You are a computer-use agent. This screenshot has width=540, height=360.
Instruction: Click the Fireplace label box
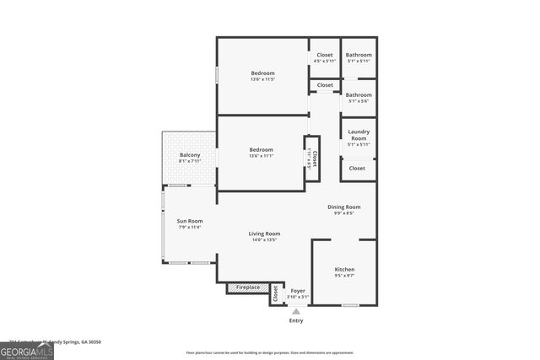[247, 288]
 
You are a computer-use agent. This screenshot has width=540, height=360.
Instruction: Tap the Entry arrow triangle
[295, 311]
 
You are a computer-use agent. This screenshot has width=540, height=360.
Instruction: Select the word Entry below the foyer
[295, 320]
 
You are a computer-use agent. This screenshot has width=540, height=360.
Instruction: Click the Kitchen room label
[344, 269]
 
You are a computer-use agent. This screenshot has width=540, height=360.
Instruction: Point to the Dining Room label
[344, 207]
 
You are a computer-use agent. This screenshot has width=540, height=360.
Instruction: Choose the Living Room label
[264, 234]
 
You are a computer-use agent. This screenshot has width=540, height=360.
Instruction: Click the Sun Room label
[190, 221]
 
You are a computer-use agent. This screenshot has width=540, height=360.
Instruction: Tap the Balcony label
[190, 155]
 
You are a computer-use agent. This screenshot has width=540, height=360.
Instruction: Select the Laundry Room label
[359, 135]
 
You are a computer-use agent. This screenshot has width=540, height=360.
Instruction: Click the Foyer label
[298, 290]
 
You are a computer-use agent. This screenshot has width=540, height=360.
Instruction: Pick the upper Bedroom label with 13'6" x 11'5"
[262, 73]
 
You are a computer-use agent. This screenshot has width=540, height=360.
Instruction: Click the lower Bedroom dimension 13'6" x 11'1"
[262, 156]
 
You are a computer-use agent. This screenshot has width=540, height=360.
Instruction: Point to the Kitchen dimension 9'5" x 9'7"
[344, 276]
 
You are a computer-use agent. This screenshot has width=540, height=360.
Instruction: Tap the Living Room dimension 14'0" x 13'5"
[264, 240]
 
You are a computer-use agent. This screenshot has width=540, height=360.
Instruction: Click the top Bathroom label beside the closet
[359, 55]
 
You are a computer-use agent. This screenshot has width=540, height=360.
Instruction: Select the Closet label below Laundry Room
[358, 168]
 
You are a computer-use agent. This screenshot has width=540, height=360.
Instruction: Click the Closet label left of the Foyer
[275, 293]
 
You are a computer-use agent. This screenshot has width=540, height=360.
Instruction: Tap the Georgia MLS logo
[27, 349]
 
